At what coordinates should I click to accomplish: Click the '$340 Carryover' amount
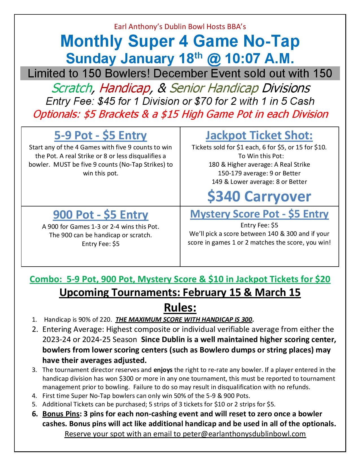[259, 196]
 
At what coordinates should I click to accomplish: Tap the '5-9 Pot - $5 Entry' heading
[101, 136]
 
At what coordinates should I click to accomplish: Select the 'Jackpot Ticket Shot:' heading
[259, 136]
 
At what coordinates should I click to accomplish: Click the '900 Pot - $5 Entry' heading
[101, 215]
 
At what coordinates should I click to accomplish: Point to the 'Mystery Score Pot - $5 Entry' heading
[259, 214]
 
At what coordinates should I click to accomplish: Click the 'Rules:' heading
[180, 308]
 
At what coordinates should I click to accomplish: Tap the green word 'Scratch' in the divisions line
[71, 88]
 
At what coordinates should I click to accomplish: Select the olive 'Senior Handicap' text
[214, 88]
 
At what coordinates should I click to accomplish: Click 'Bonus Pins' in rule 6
[61, 414]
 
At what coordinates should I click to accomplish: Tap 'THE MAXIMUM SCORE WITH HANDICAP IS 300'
[184, 320]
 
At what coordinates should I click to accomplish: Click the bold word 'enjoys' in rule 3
[163, 370]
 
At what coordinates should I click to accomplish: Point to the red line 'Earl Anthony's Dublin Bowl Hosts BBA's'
[180, 27]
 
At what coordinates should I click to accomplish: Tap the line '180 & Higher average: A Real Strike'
[259, 164]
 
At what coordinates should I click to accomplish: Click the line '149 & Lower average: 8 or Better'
[259, 182]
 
